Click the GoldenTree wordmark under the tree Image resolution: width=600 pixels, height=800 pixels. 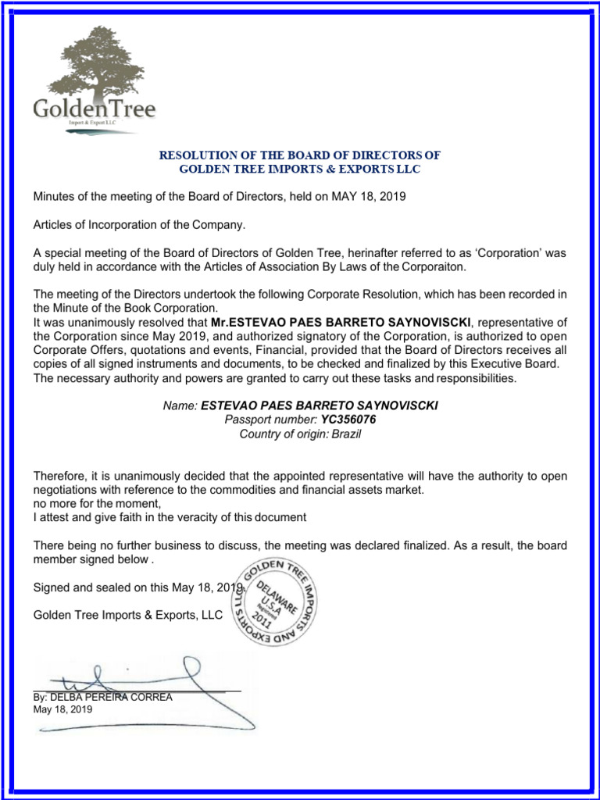(94, 109)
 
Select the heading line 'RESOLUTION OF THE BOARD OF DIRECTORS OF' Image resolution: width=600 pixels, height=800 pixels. (300, 155)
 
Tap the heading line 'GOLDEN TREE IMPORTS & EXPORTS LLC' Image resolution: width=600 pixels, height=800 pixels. (300, 169)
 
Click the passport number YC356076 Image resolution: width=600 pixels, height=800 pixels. (343, 420)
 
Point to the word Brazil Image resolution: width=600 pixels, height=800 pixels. (347, 434)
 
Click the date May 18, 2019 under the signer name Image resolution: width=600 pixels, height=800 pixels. (62, 709)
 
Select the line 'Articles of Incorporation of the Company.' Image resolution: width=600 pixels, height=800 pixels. (139, 225)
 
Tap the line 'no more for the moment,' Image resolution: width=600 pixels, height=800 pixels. (96, 503)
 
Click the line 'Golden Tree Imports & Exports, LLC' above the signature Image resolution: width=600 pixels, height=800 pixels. (127, 616)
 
